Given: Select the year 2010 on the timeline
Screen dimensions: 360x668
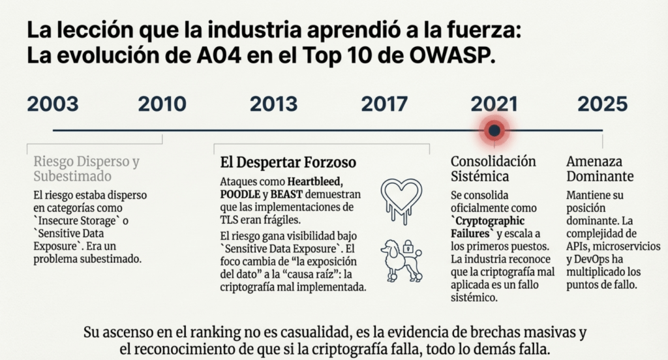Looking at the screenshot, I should click(162, 104).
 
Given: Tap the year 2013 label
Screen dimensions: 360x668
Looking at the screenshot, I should click(273, 104).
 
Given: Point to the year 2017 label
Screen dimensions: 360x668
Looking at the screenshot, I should click(384, 104).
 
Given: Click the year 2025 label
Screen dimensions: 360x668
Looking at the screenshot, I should click(602, 104).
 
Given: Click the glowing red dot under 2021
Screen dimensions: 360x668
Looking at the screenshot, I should click(494, 131).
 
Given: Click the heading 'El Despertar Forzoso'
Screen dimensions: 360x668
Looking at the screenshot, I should click(288, 162).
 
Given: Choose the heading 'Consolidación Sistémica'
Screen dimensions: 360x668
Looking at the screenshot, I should click(493, 168).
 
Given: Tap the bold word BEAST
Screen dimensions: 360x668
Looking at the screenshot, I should click(287, 194).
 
